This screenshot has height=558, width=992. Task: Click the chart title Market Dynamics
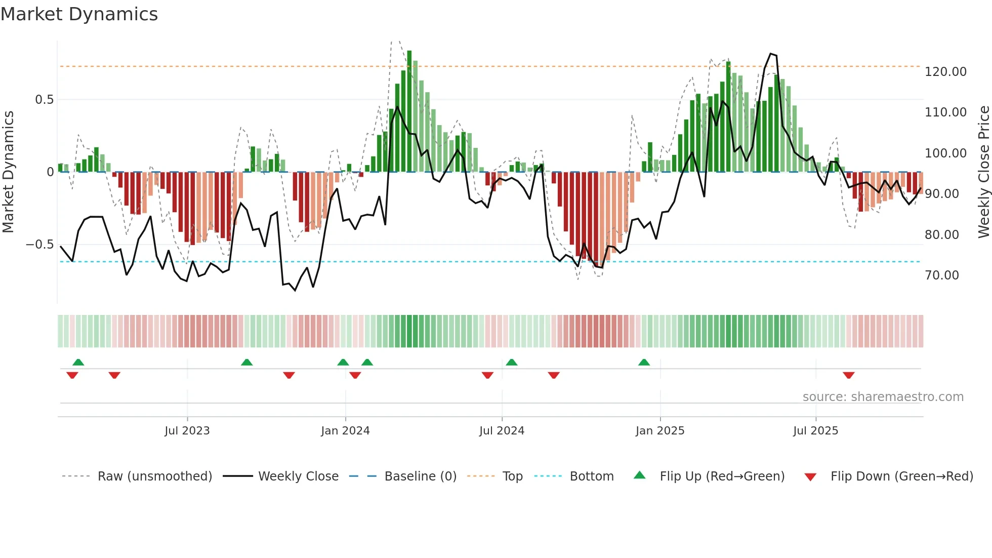[79, 14]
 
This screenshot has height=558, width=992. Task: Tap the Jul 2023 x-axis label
[187, 431]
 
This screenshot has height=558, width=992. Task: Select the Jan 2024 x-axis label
[345, 431]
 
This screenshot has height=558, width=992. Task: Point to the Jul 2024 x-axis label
[502, 431]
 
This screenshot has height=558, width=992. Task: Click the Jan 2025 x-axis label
[660, 431]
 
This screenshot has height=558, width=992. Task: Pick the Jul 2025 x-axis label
[815, 431]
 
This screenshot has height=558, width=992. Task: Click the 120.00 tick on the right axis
[945, 72]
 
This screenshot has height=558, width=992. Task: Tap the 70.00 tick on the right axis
[942, 275]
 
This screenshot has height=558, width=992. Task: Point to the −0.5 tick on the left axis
[39, 245]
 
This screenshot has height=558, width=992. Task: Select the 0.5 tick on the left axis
[44, 100]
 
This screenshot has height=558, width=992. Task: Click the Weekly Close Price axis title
[983, 172]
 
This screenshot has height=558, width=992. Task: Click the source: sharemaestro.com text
[883, 397]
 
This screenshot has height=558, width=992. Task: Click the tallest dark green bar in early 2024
[409, 111]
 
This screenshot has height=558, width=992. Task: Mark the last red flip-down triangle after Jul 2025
[849, 375]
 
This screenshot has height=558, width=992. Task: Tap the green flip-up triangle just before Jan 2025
[644, 363]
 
